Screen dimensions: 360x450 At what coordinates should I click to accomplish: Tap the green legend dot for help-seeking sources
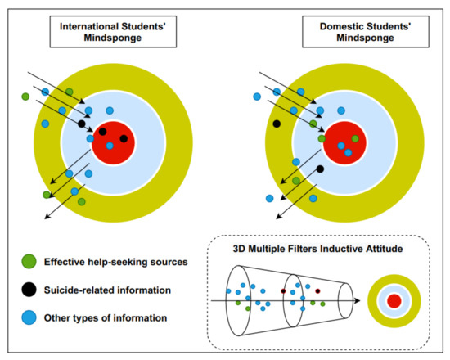pyautogui.click(x=29, y=262)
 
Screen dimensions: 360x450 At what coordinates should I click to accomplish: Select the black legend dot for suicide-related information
pyautogui.click(x=29, y=290)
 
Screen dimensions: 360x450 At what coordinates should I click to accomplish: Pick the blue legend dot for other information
pyautogui.click(x=29, y=317)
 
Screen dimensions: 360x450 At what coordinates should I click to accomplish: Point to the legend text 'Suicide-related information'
pyautogui.click(x=106, y=290)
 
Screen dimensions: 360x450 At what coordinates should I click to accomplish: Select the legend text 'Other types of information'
pyautogui.click(x=105, y=317)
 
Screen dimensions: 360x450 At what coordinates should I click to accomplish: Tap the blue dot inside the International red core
pyautogui.click(x=110, y=146)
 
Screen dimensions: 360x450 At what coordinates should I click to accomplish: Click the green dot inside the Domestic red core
pyautogui.click(x=355, y=138)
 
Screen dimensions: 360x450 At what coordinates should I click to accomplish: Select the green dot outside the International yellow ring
pyautogui.click(x=25, y=97)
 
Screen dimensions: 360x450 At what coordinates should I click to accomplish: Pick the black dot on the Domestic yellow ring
pyautogui.click(x=277, y=124)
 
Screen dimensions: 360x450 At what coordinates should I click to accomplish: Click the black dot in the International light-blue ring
pyautogui.click(x=81, y=124)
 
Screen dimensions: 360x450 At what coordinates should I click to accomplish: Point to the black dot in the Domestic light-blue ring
pyautogui.click(x=320, y=169)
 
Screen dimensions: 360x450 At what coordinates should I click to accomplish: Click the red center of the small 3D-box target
pyautogui.click(x=394, y=302)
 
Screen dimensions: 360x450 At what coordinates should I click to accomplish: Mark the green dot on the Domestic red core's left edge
pyautogui.click(x=322, y=139)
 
